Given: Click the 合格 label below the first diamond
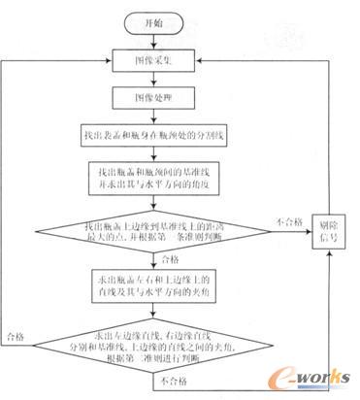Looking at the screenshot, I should (x=170, y=259).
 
